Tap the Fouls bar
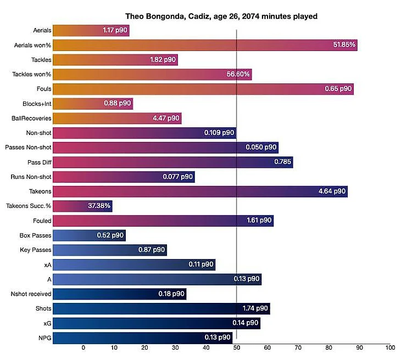(203, 89)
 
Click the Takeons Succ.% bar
(82, 206)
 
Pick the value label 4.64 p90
(331, 192)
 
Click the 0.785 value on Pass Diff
(282, 162)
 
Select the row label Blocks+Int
(37, 103)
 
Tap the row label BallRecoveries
(31, 118)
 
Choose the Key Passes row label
(36, 250)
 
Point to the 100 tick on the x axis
(390, 348)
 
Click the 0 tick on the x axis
(83, 348)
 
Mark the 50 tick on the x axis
(237, 348)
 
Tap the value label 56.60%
(238, 74)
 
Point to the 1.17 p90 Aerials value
(114, 31)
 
